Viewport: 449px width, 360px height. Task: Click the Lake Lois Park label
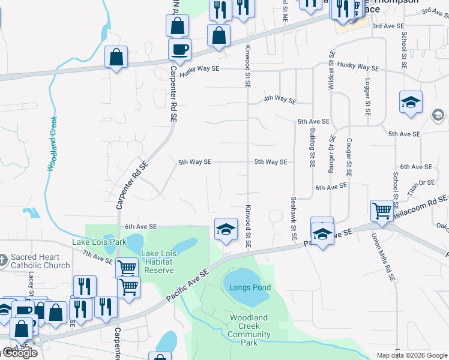coord(99,242)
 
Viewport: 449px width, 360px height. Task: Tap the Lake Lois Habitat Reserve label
coord(157,262)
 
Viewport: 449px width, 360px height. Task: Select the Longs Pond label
coord(250,287)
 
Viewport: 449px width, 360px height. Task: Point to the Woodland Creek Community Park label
coord(250,330)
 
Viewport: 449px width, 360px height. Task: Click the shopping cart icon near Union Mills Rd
coord(382,211)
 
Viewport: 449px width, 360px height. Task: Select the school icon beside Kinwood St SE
coord(226,229)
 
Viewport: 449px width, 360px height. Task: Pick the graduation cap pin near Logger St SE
coord(411,102)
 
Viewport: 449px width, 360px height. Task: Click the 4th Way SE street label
coord(280,98)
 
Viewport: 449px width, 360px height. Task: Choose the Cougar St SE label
coord(348,157)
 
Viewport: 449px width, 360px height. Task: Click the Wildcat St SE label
coord(331,70)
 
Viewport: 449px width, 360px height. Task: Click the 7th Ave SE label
coord(98,257)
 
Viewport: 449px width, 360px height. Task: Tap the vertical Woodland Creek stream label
coord(52,144)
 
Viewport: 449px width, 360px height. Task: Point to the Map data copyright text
coord(411,355)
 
